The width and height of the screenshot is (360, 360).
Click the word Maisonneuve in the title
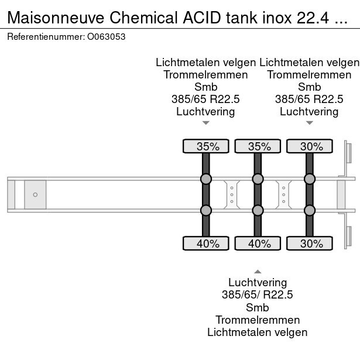tap(56, 18)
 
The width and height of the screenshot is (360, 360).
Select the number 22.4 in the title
tap(310, 18)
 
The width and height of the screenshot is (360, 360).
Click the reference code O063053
tap(106, 36)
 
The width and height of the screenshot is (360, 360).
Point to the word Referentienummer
tap(44, 36)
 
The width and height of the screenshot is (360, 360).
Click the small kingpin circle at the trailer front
tap(35, 194)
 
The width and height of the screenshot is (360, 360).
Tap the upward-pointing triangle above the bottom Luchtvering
tap(257, 271)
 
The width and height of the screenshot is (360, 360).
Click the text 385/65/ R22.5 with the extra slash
tap(257, 294)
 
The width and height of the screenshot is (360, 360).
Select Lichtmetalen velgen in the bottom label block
tap(257, 332)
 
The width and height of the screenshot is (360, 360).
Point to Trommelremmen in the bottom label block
tap(257, 320)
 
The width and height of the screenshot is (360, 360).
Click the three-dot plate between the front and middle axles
tap(232, 194)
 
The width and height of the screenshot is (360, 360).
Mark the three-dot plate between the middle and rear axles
tap(284, 194)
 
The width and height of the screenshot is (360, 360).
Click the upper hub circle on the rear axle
tap(310, 179)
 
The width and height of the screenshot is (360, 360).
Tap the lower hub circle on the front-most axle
tap(206, 210)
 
